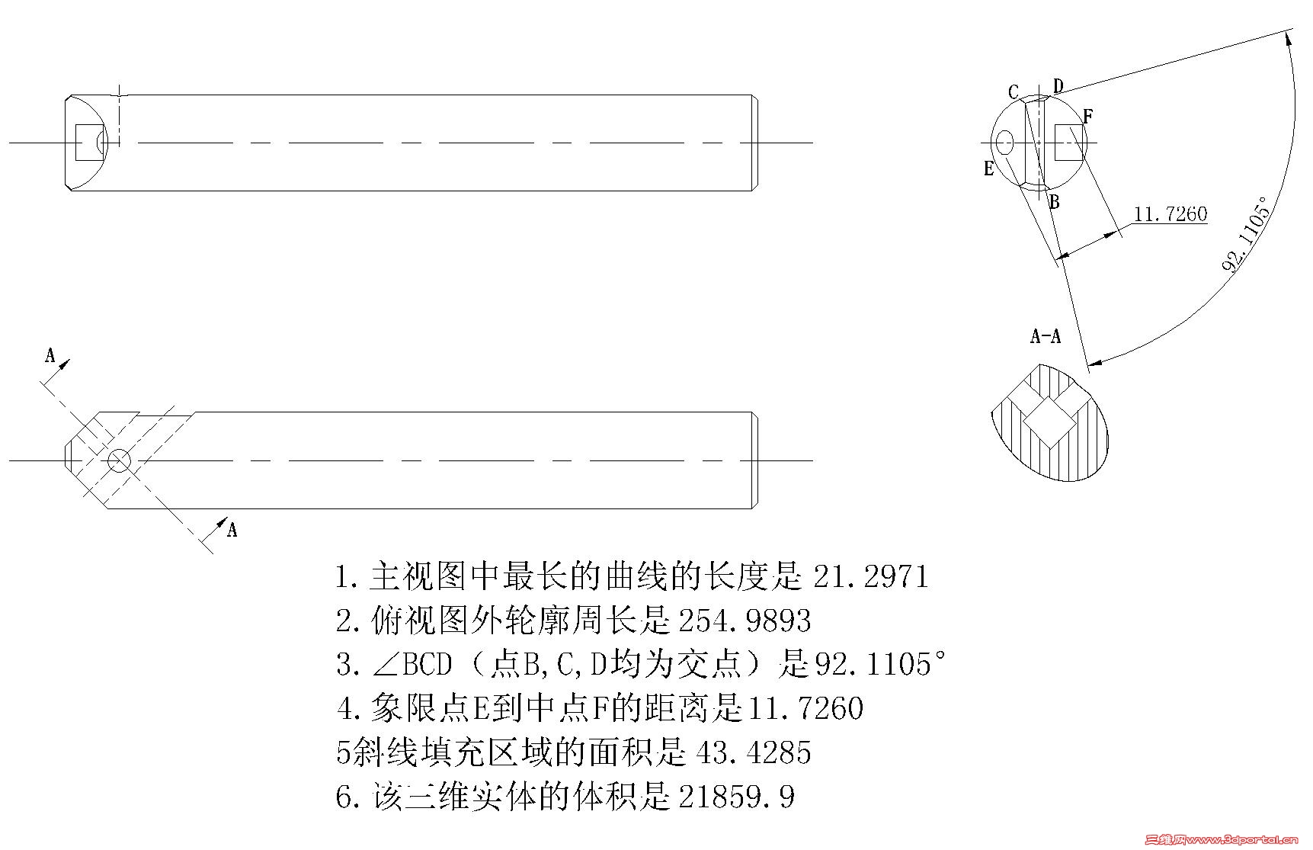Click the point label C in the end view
(1013, 92)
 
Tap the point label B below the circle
(1055, 202)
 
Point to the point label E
(989, 168)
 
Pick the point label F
(1087, 117)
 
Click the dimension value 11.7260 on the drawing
(1170, 214)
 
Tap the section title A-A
(1045, 336)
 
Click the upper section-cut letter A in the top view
(50, 355)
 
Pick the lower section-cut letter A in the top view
(232, 529)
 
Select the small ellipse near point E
(1005, 142)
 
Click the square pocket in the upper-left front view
(88, 142)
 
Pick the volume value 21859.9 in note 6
(736, 797)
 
